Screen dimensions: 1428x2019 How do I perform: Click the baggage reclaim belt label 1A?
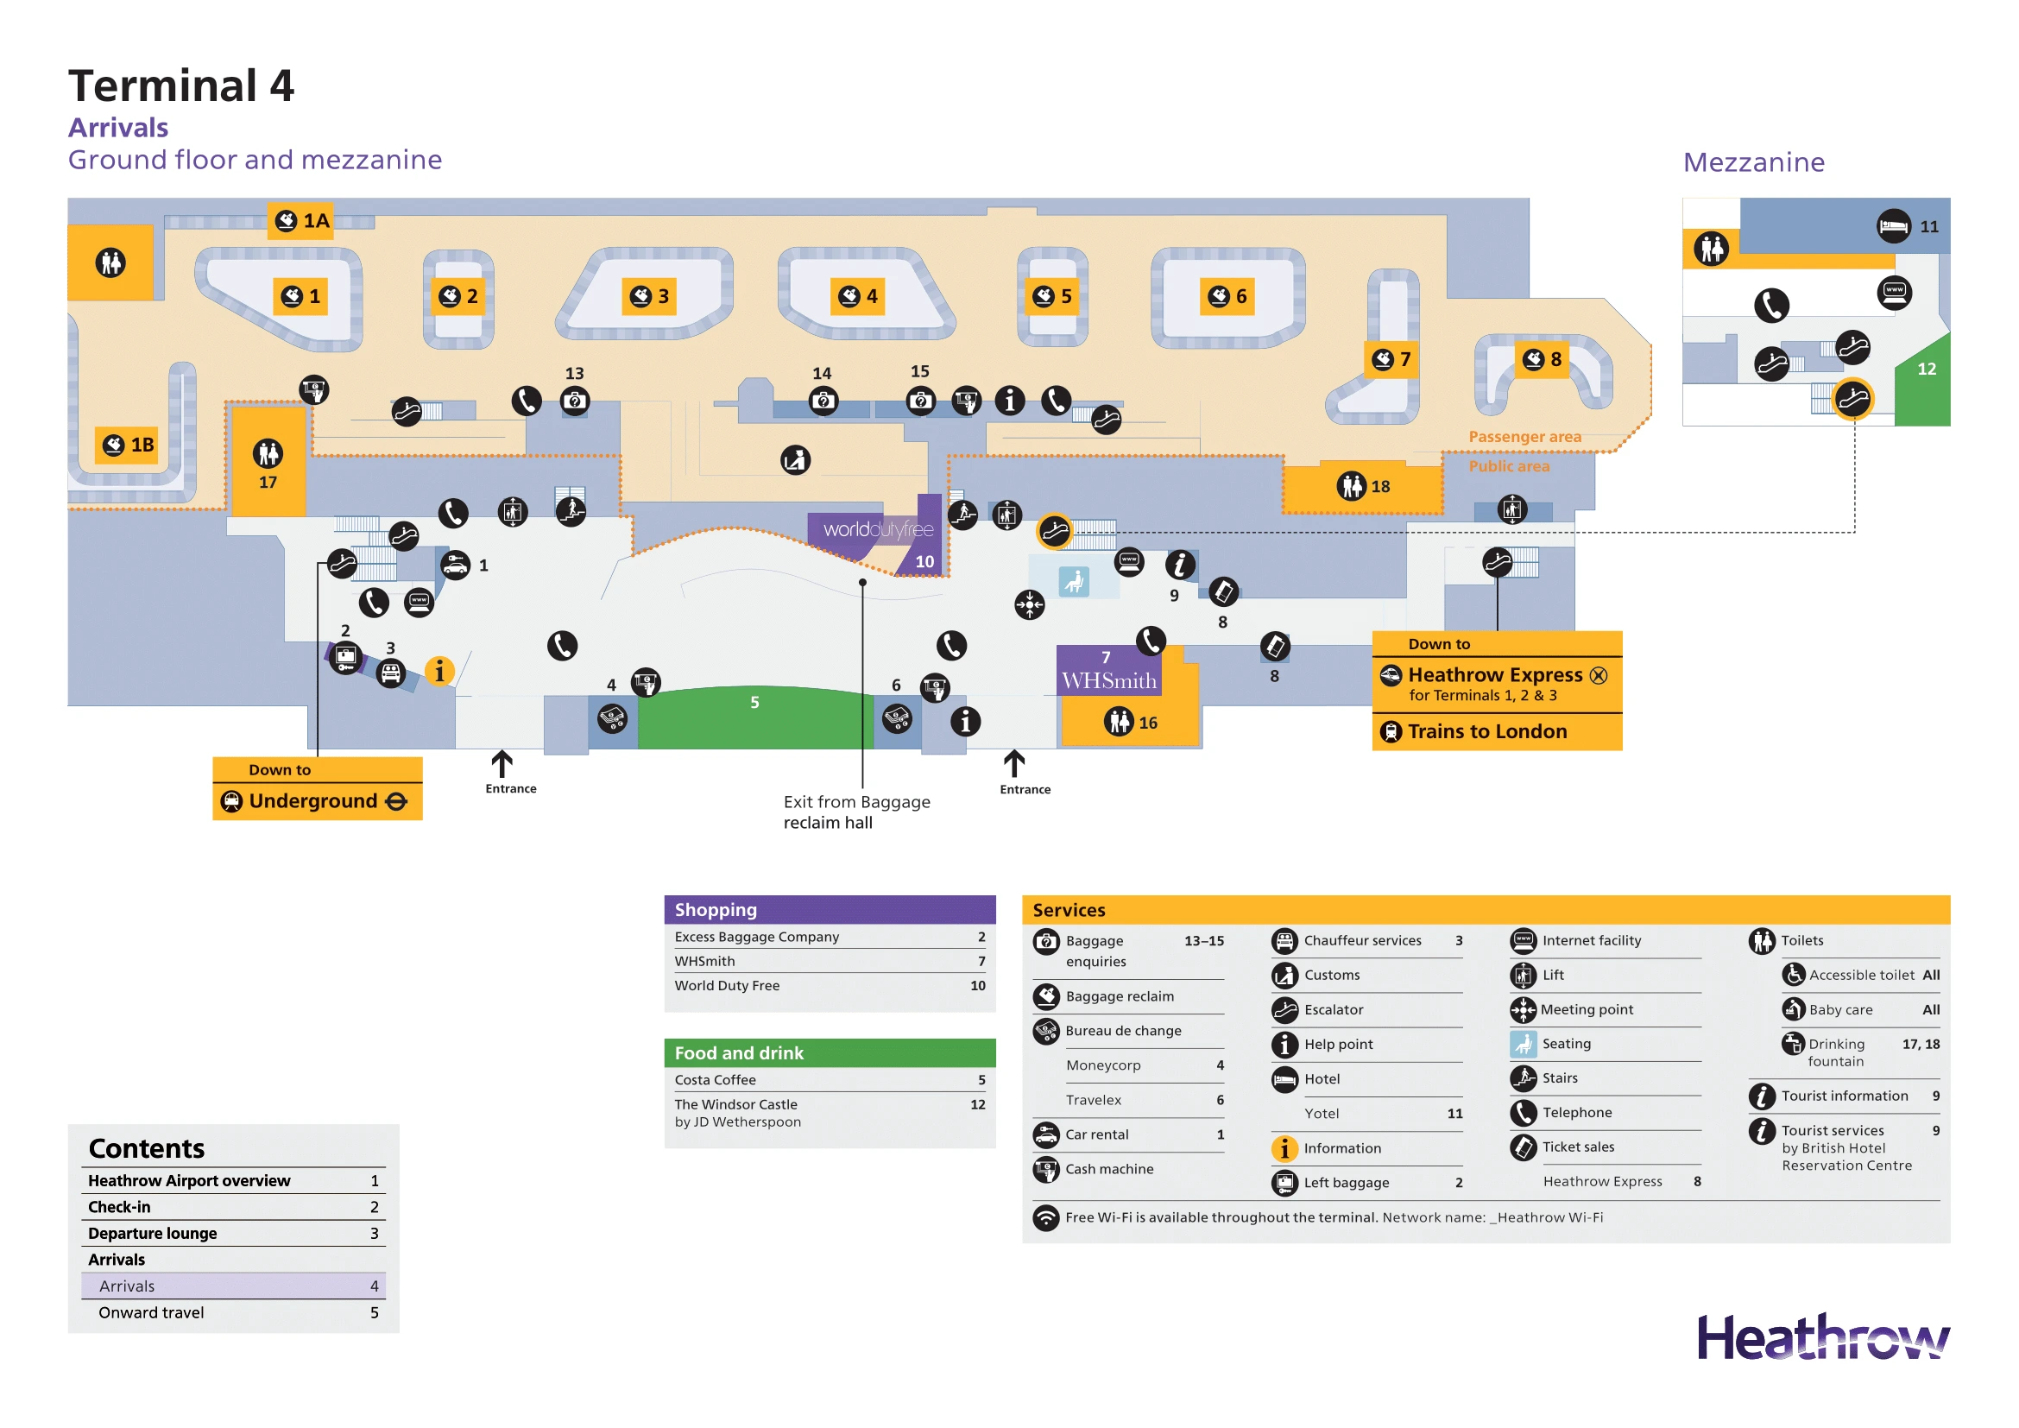(x=301, y=221)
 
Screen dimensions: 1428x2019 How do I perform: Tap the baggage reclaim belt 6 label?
(x=1227, y=296)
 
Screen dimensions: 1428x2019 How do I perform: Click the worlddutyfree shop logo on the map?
(x=878, y=529)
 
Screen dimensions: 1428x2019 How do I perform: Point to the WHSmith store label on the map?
(x=1109, y=680)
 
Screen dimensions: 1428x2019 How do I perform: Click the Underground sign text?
(x=313, y=801)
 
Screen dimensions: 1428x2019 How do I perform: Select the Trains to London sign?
(x=1487, y=731)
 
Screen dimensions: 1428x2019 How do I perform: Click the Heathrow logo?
(x=1822, y=1338)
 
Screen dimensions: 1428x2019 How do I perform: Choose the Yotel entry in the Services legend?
(x=1322, y=1114)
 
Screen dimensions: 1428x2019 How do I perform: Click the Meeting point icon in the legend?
(x=1523, y=1009)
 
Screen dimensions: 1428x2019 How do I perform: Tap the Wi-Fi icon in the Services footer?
(x=1045, y=1218)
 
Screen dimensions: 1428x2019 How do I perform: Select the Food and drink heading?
(x=739, y=1052)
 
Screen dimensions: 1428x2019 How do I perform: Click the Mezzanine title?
(x=1753, y=161)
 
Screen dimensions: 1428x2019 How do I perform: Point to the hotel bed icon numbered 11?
(x=1893, y=227)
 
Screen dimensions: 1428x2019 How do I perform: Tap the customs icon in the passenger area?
(x=795, y=460)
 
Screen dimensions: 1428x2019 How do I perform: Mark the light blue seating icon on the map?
(x=1074, y=581)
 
